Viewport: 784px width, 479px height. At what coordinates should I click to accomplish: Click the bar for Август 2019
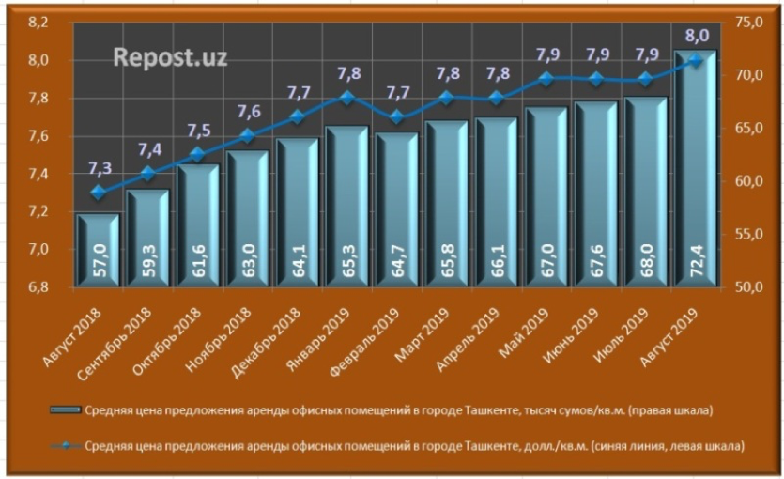(x=694, y=169)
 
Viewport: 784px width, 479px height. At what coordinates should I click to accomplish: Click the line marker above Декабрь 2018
(x=296, y=117)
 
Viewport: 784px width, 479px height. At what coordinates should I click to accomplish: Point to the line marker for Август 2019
(x=695, y=60)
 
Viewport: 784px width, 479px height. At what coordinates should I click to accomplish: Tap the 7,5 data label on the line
(x=197, y=131)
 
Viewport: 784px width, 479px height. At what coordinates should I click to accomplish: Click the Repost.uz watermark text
(x=170, y=56)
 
